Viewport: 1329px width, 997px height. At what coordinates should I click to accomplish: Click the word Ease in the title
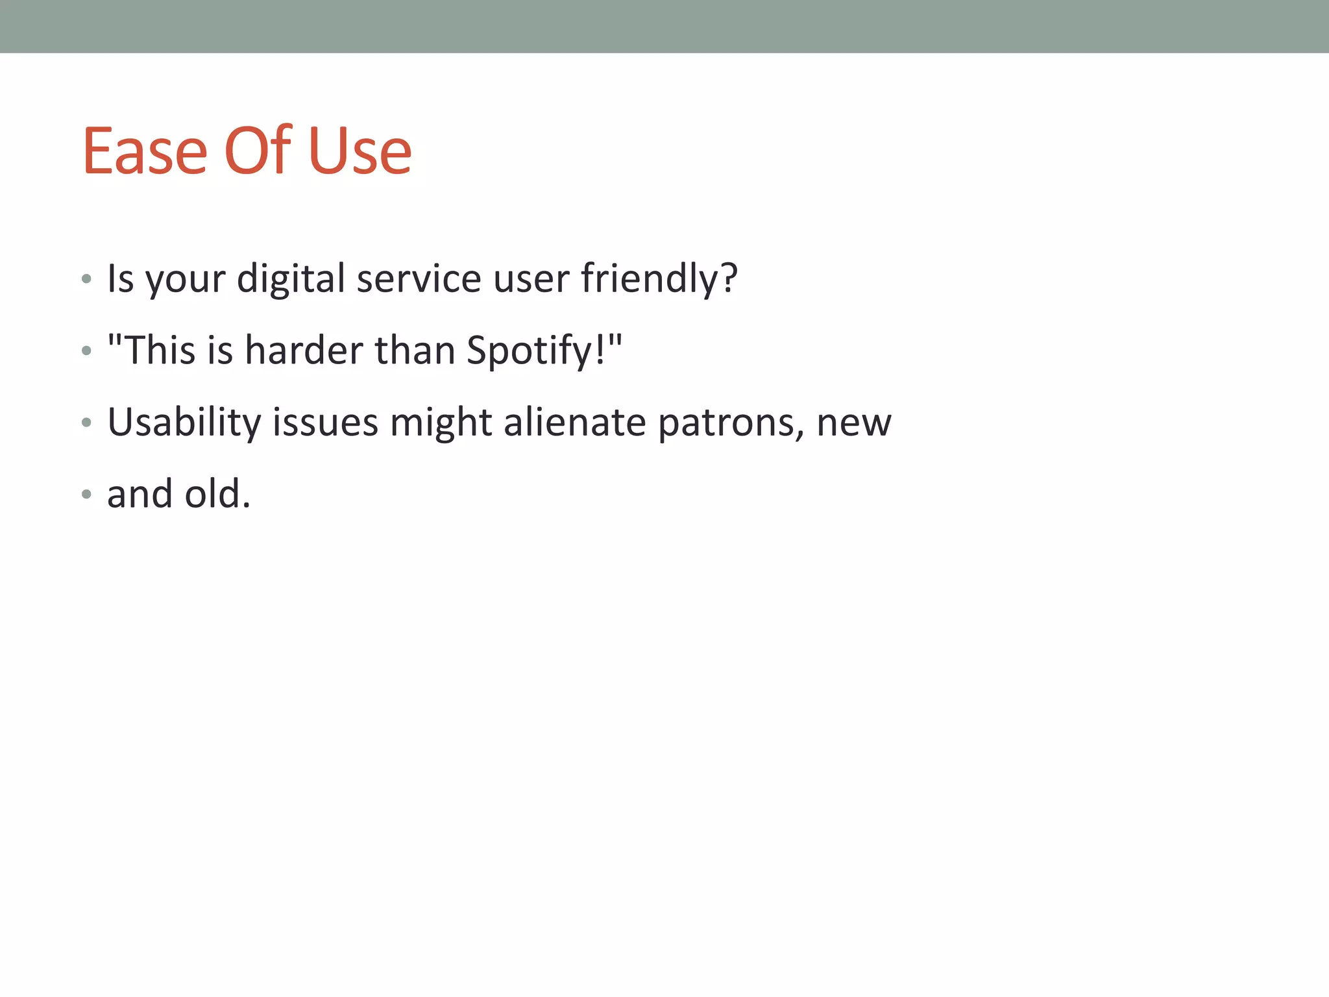pos(145,151)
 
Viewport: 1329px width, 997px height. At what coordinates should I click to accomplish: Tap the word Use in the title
pos(360,151)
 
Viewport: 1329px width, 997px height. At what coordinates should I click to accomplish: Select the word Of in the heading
pos(258,151)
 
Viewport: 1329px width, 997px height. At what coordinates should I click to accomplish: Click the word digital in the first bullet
pos(291,279)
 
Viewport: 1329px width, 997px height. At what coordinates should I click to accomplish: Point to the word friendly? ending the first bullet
pos(659,279)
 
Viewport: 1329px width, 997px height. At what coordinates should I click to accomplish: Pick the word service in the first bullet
pos(419,279)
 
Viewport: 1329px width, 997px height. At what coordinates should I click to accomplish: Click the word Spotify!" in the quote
pos(544,351)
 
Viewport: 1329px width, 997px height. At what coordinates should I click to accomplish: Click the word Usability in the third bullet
pos(184,423)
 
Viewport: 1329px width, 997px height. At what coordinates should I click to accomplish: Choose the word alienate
pos(574,423)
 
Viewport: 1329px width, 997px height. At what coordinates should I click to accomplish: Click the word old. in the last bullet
pos(217,494)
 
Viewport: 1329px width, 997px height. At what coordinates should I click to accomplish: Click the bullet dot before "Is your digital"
pos(86,280)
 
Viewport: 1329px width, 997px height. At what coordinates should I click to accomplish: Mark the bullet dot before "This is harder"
pos(86,352)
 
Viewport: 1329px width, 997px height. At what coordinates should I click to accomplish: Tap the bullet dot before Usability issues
pos(86,423)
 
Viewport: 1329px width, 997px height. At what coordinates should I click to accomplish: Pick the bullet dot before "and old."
pos(86,495)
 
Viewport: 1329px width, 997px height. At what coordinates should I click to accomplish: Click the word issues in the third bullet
pos(324,423)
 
